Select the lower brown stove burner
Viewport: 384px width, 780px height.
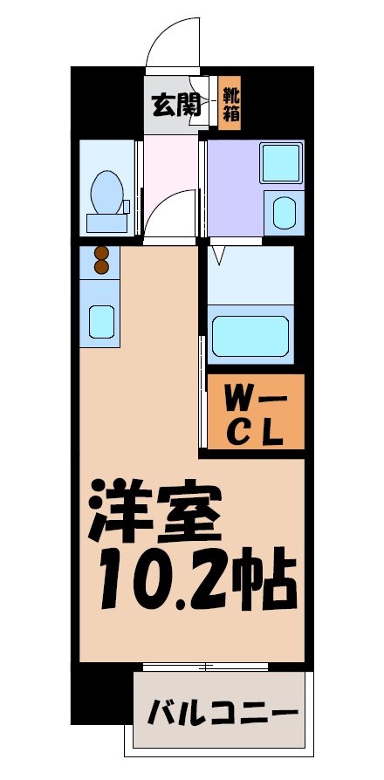(100, 267)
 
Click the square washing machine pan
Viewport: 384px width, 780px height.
(280, 162)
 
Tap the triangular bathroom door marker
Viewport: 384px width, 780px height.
(218, 256)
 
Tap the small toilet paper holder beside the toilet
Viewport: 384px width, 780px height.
(127, 207)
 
